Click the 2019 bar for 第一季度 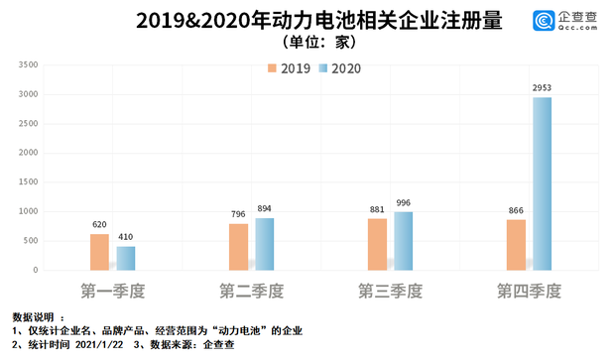99,252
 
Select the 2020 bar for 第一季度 126,258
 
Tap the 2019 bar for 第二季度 239,247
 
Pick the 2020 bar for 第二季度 265,244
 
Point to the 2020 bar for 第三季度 404,241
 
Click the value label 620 99,225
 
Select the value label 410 126,238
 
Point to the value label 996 404,203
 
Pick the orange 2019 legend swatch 272,68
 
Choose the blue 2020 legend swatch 322,68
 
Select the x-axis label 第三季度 391,292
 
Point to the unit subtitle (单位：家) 307,43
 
